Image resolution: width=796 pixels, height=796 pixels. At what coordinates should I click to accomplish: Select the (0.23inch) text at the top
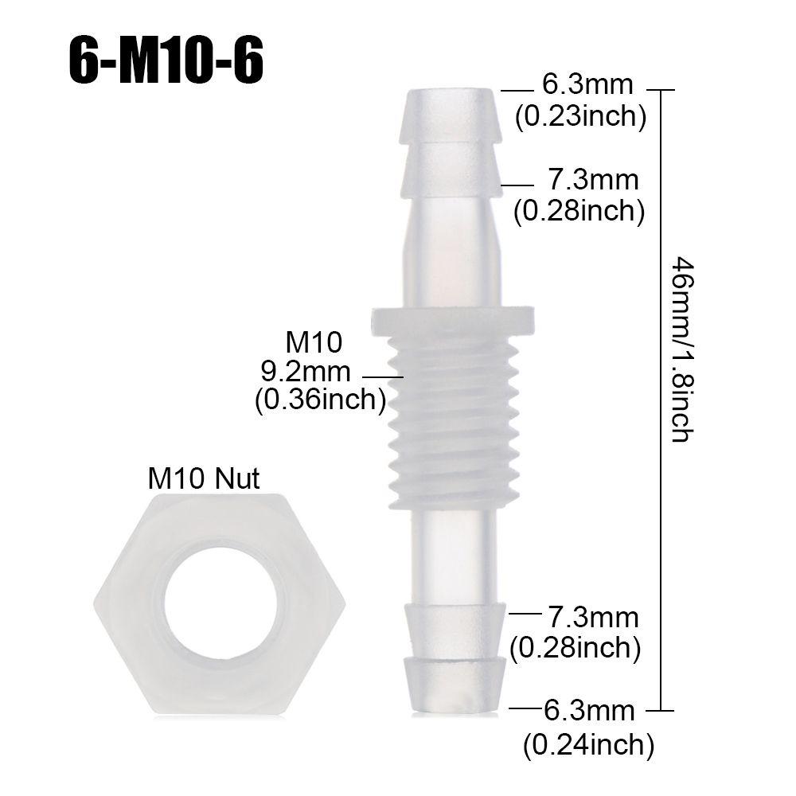pos(579,117)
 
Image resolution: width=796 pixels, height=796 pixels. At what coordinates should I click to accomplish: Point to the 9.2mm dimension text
pos(306,371)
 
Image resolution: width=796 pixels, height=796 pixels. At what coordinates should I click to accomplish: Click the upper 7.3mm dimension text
pos(592,181)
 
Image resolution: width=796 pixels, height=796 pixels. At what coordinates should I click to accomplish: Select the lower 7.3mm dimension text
pos(592,617)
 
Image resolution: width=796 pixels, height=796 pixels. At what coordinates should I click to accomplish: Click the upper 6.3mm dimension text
pos(587,85)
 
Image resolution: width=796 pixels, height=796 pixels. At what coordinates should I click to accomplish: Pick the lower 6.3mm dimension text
pos(589,708)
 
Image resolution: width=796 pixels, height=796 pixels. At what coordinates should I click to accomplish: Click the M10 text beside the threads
pos(314,343)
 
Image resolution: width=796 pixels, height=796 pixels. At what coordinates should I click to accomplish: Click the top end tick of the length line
pos(662,91)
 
